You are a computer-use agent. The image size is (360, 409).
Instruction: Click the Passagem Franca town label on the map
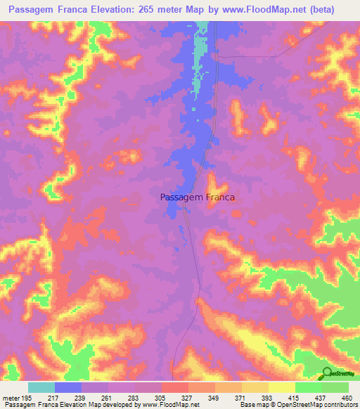(198, 198)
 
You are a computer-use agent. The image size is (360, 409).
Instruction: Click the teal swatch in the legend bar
(41, 387)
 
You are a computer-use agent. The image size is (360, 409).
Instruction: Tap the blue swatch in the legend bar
(68, 387)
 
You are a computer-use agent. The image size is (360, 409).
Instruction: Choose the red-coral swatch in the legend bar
(174, 387)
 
